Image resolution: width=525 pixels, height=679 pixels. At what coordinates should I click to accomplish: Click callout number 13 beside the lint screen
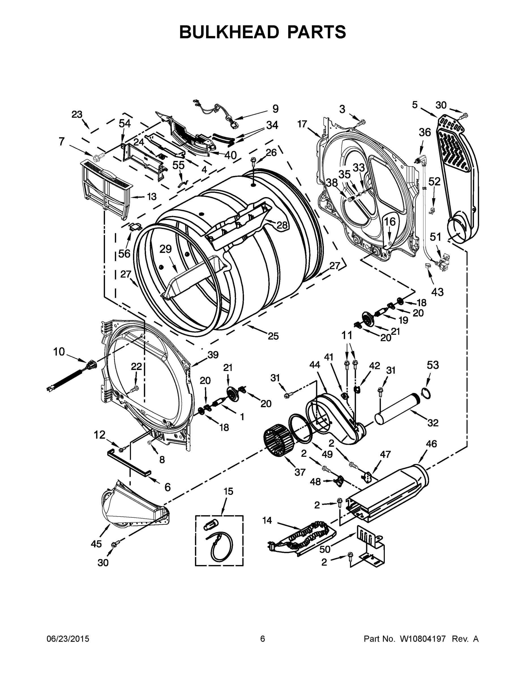click(x=151, y=197)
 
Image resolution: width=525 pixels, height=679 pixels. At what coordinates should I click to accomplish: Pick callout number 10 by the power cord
click(x=59, y=352)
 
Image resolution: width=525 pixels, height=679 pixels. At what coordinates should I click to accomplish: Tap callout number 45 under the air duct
click(x=96, y=544)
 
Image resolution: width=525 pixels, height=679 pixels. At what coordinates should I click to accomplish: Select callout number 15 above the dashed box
click(x=228, y=491)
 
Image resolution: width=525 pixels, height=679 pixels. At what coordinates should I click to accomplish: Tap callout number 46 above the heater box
click(x=431, y=444)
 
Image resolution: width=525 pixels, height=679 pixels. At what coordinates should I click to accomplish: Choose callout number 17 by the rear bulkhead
click(x=302, y=124)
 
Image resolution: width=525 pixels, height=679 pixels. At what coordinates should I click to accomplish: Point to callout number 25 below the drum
click(x=273, y=336)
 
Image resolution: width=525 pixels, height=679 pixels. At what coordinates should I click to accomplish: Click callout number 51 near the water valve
click(x=436, y=237)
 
